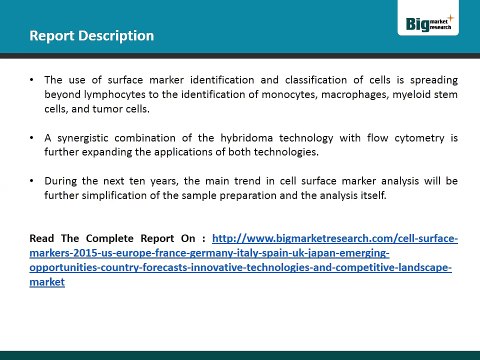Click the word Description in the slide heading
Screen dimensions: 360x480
point(114,37)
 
